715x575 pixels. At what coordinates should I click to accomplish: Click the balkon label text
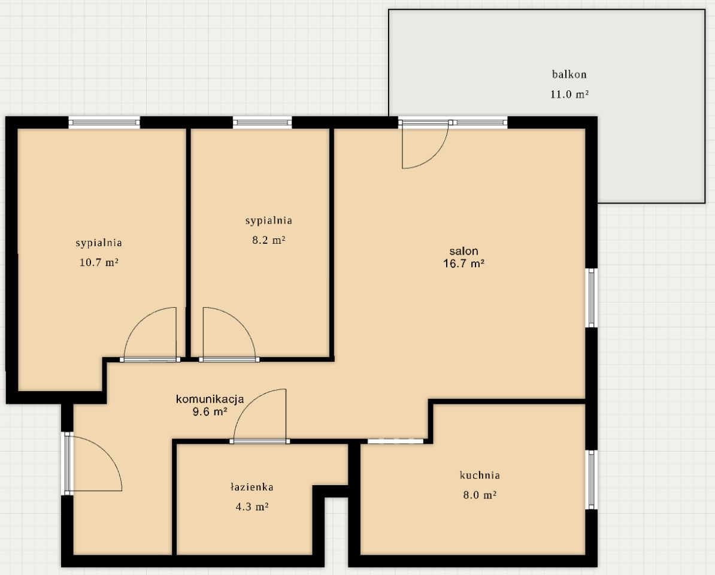[569, 74]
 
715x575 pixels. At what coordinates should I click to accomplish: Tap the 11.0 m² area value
[569, 95]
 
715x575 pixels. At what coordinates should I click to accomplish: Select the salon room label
[463, 251]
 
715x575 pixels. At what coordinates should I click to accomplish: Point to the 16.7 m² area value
[463, 263]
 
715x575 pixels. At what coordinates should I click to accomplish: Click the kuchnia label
[480, 475]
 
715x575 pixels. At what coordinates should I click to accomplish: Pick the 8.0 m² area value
[480, 495]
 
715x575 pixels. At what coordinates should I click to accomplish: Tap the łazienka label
[252, 487]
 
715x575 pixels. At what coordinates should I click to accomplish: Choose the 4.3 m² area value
[252, 507]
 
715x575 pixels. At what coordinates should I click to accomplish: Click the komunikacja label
[210, 400]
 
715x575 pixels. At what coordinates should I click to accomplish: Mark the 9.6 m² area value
[210, 411]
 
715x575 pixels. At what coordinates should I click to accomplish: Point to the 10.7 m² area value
[99, 262]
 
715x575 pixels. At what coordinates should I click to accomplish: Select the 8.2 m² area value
[269, 240]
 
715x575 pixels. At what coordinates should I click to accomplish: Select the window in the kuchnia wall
[592, 480]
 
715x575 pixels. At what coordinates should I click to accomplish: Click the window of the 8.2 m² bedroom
[262, 122]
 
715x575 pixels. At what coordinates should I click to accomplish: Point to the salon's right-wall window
[592, 298]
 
